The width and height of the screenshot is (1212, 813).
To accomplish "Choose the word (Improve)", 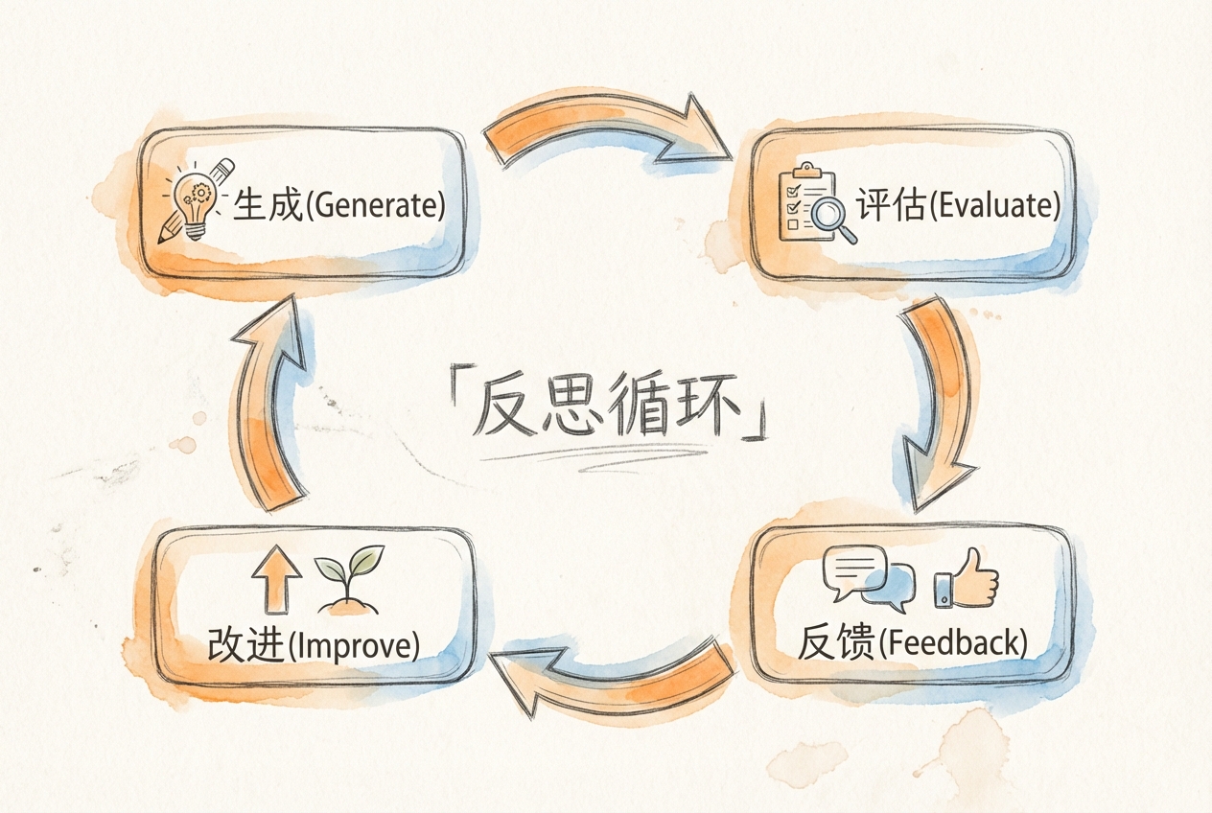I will [x=354, y=644].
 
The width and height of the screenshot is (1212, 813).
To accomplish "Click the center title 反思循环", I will [x=610, y=411].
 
